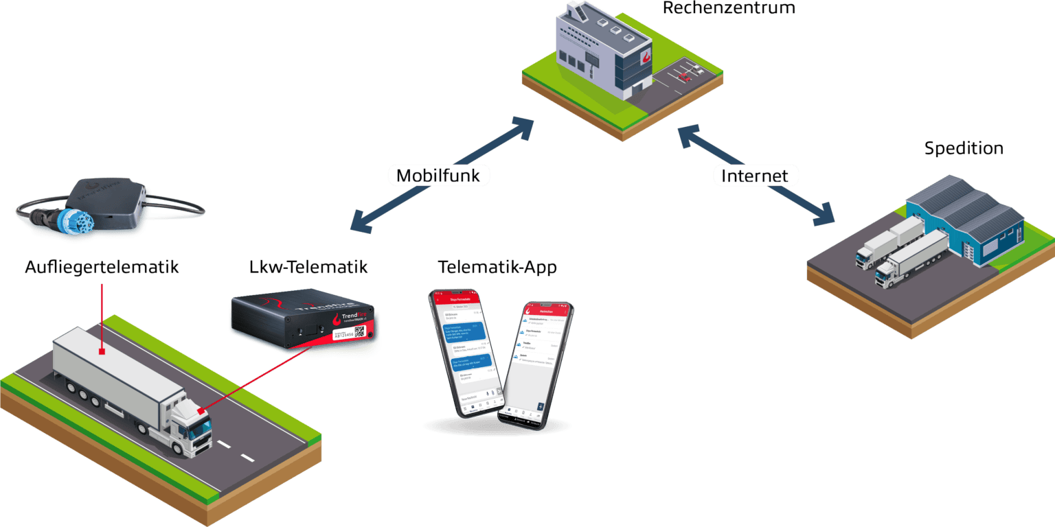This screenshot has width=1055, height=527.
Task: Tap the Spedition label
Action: tap(964, 148)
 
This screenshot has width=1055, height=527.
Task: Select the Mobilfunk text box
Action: tap(438, 175)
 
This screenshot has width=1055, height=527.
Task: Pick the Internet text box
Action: tap(754, 176)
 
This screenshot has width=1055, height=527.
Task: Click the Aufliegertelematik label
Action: tap(102, 267)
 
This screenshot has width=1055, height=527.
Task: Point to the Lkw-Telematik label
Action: tap(308, 267)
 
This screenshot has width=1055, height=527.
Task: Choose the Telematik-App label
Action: tap(497, 267)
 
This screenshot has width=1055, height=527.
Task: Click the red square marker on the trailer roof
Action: tap(102, 352)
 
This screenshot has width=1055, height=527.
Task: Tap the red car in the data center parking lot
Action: tap(684, 78)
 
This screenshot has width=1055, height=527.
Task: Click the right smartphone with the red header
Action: tap(536, 364)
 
